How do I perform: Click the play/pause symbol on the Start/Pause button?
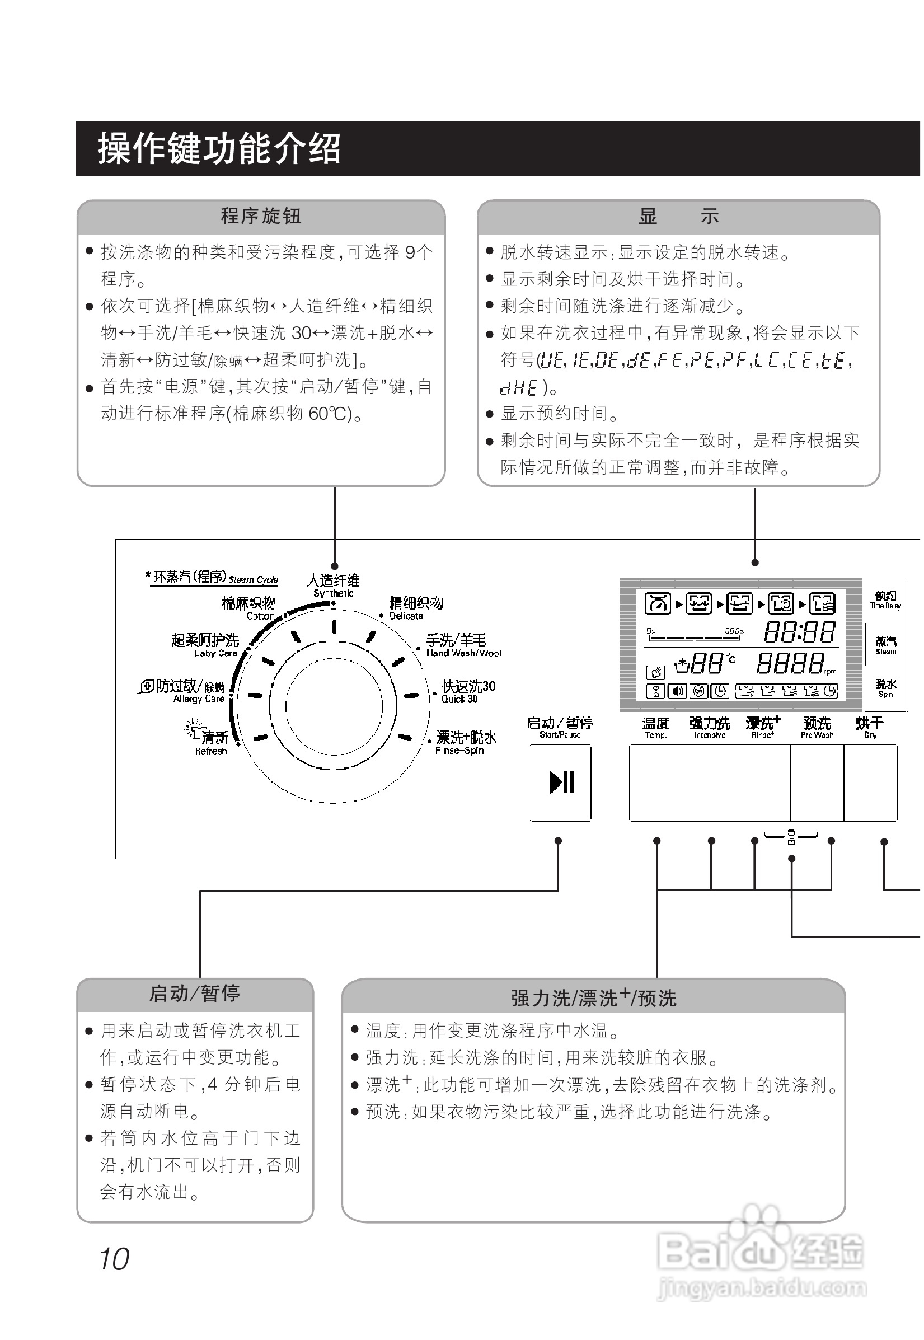click(561, 783)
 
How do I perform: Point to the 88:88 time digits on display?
click(799, 632)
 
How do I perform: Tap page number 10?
click(114, 1258)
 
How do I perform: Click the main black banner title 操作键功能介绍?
click(219, 148)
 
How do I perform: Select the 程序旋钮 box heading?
click(261, 216)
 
